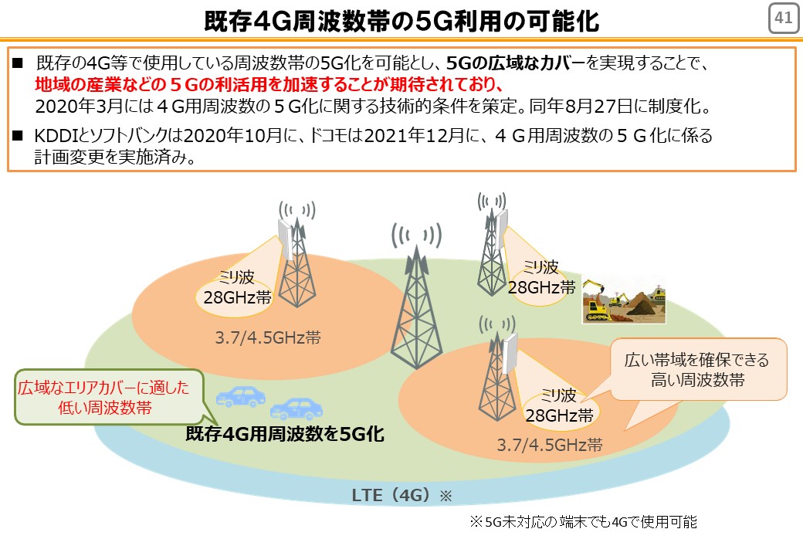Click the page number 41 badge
784,19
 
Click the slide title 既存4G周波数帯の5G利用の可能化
401,21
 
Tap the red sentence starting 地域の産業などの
269,84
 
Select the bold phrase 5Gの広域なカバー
515,63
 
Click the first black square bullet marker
18,63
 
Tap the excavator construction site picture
623,301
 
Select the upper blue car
241,396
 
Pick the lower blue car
296,409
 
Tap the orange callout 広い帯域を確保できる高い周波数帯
698,369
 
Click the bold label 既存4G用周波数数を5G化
285,434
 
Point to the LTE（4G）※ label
401,495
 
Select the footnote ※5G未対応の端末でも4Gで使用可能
583,522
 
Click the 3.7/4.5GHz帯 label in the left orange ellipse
268,337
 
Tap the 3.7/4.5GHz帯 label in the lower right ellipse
550,444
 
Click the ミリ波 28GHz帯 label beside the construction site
542,277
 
